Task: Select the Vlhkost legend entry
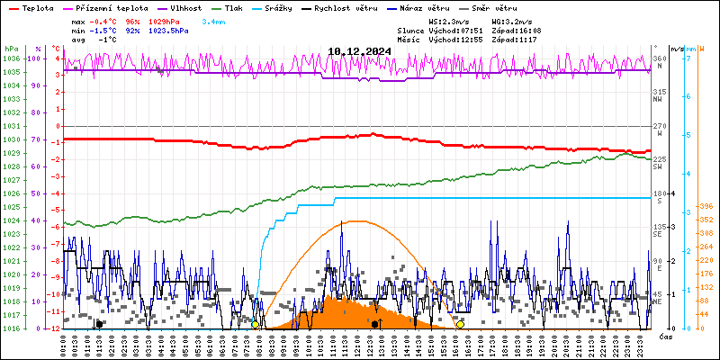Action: coord(185,7)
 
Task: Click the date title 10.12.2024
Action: coord(359,51)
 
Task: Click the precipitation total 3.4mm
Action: coord(214,21)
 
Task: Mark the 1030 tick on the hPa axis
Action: coord(11,139)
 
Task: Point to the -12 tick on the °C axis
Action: coord(55,328)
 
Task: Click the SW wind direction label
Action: coord(658,168)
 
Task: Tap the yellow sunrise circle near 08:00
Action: coord(256,324)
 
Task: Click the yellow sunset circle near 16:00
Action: coord(461,324)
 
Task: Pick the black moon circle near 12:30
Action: coord(374,324)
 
